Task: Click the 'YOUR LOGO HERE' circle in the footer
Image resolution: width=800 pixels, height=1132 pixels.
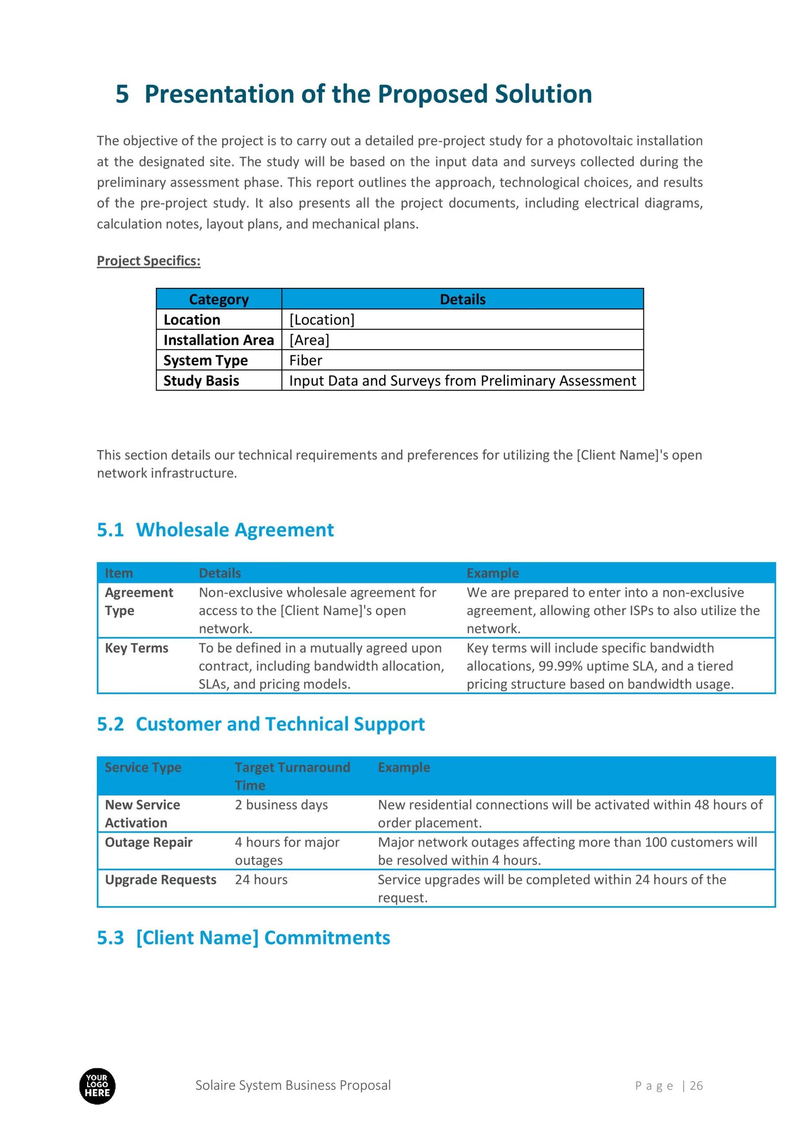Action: (97, 1086)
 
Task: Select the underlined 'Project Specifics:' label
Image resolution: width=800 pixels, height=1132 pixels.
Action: (149, 260)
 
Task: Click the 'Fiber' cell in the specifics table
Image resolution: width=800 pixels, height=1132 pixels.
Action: (305, 360)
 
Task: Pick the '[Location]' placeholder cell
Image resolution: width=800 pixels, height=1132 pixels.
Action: (322, 320)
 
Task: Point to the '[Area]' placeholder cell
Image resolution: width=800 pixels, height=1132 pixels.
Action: (309, 340)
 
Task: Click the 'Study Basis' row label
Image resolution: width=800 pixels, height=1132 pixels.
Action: (201, 381)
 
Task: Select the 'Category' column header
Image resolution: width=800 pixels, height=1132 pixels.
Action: (218, 299)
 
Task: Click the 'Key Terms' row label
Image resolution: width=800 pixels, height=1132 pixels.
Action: (137, 648)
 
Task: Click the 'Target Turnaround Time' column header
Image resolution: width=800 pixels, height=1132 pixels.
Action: (292, 776)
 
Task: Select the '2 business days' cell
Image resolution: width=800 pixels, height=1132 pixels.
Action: (281, 805)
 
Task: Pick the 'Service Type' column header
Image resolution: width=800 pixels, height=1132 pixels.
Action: (143, 767)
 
